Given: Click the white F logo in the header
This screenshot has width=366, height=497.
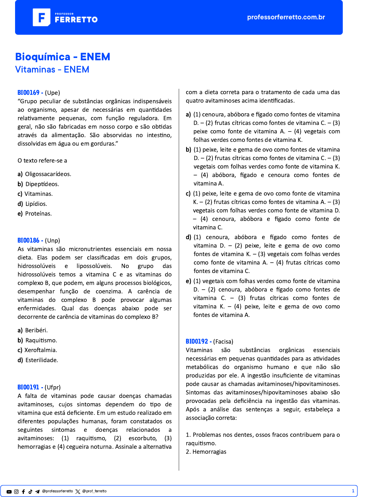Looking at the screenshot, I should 41,17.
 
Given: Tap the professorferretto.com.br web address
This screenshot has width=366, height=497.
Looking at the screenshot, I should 286,17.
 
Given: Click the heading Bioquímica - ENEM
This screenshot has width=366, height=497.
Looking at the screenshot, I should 63,57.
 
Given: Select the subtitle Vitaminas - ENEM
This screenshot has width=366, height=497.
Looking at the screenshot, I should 52,69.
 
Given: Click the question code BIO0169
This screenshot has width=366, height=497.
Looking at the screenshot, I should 29,93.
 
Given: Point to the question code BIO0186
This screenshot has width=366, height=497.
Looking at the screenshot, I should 29,240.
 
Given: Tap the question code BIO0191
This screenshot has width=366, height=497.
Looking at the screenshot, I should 28,387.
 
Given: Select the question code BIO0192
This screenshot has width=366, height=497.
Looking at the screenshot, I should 197,341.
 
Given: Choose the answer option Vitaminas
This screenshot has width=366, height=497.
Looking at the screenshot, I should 39,194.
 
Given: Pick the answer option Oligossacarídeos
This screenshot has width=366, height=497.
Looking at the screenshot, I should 48,174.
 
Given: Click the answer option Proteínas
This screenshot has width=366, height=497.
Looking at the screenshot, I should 38,214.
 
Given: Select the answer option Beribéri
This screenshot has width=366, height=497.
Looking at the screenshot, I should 36,330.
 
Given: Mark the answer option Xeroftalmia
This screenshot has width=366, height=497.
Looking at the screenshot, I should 41,350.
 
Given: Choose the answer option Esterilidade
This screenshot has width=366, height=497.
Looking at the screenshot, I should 42,360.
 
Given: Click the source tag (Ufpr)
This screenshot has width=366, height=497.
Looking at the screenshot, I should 53,387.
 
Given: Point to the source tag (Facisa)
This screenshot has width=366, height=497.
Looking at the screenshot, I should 223,342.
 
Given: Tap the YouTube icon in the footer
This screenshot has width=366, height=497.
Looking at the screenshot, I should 9,492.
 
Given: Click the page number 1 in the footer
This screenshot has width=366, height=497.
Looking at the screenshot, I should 353,491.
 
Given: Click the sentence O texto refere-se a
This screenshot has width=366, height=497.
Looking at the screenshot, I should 42,161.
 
